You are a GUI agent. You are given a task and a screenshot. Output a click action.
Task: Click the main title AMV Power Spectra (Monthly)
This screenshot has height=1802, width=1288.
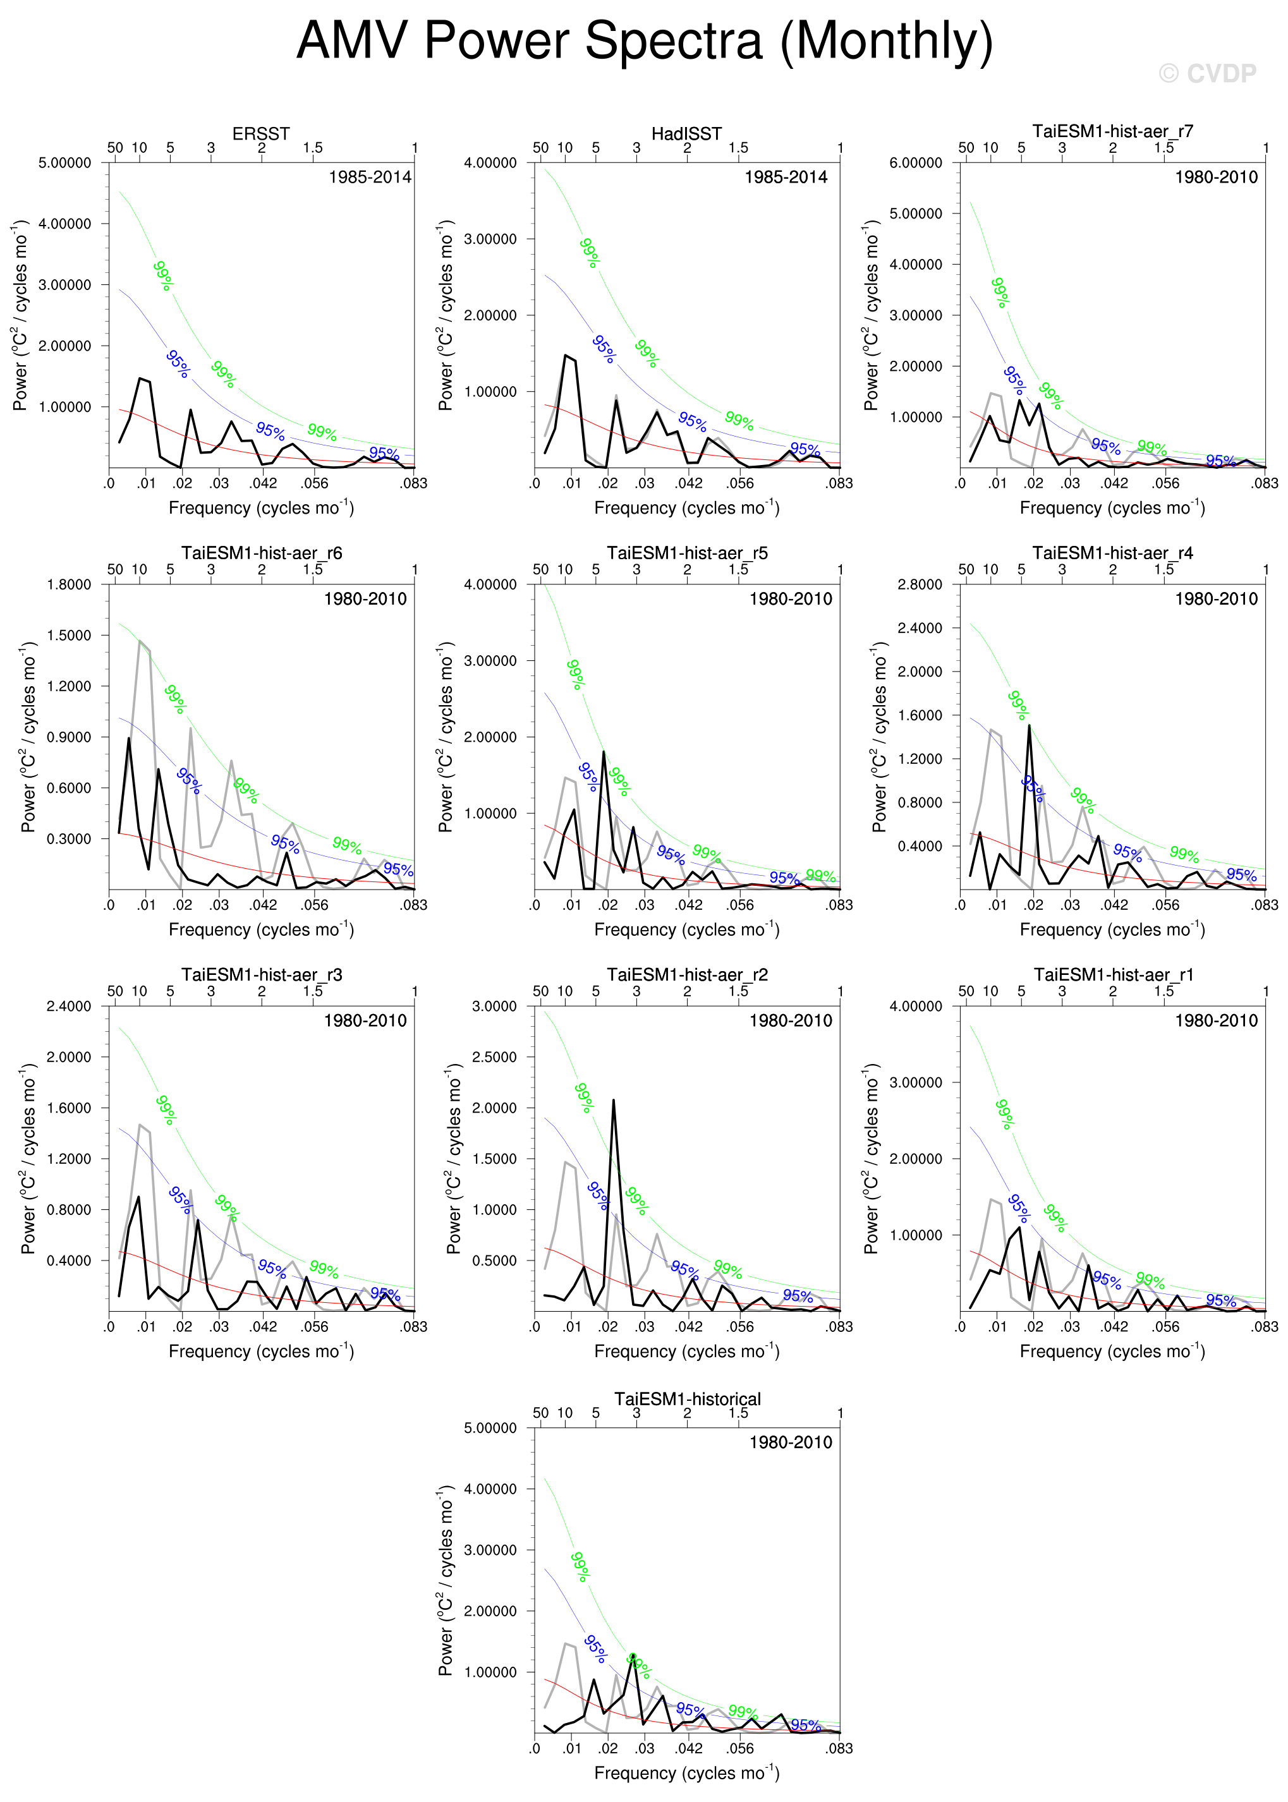coord(644,41)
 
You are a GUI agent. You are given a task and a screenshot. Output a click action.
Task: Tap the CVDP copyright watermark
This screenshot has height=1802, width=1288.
coord(1207,74)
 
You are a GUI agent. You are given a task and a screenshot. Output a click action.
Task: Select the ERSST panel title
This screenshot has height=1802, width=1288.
coord(261,133)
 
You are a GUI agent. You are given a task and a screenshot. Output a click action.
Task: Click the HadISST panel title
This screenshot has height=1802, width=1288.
coord(686,133)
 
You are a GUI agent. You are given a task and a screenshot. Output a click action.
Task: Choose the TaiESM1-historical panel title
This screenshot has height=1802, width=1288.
coord(687,1400)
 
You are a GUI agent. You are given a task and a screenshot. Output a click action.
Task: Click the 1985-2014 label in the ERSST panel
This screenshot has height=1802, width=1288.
coord(370,177)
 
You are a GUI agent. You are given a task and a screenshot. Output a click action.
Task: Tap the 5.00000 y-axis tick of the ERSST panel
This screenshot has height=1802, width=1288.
coord(65,162)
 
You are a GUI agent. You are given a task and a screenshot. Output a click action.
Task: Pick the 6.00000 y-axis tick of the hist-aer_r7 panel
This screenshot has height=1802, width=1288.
coord(915,162)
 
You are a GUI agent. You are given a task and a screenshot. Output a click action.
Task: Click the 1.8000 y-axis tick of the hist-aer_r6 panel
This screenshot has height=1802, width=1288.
coord(69,584)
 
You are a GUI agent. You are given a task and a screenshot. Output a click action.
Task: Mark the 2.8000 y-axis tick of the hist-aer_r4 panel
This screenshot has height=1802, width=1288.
coord(920,584)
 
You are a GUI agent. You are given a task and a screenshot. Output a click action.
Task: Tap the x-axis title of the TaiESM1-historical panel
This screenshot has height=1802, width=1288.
coord(687,1773)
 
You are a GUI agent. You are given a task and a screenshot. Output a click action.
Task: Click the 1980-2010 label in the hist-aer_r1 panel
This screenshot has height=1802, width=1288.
coord(1216,1020)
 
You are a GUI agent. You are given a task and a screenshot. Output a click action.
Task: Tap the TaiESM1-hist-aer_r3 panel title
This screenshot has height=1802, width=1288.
coord(262,974)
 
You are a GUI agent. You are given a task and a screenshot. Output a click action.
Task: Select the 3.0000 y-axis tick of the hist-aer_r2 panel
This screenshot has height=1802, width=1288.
coord(494,1006)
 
